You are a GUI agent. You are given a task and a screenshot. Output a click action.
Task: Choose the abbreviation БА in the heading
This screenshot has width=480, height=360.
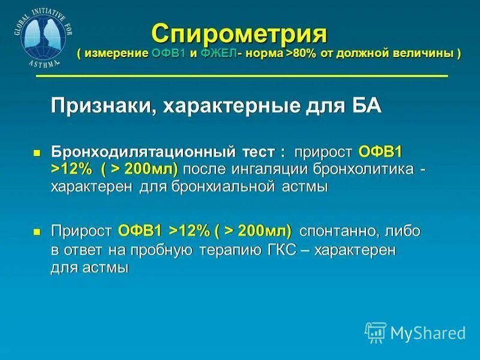[365, 106]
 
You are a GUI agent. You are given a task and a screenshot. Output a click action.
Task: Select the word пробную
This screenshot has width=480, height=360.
[159, 249]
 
